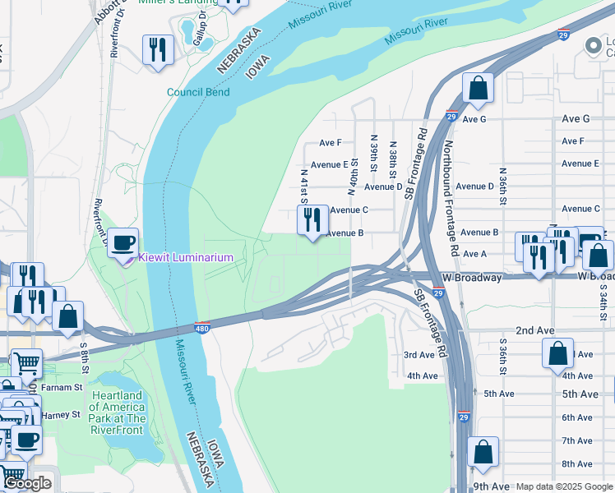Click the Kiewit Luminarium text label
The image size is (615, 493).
tap(185, 257)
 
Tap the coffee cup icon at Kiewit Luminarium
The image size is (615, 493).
tap(123, 242)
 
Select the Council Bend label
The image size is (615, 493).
tap(197, 92)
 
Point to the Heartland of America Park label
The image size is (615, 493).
tap(118, 408)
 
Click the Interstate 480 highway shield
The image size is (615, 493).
tap(202, 328)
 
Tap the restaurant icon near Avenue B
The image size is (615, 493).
tap(312, 220)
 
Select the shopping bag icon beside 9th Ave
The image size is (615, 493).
tap(483, 451)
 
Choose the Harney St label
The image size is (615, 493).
tap(62, 414)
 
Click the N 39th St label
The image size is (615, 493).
tap(374, 154)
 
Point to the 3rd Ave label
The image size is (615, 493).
tap(418, 355)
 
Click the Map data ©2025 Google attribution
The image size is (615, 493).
tap(564, 486)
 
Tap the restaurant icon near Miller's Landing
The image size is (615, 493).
tap(155, 50)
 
